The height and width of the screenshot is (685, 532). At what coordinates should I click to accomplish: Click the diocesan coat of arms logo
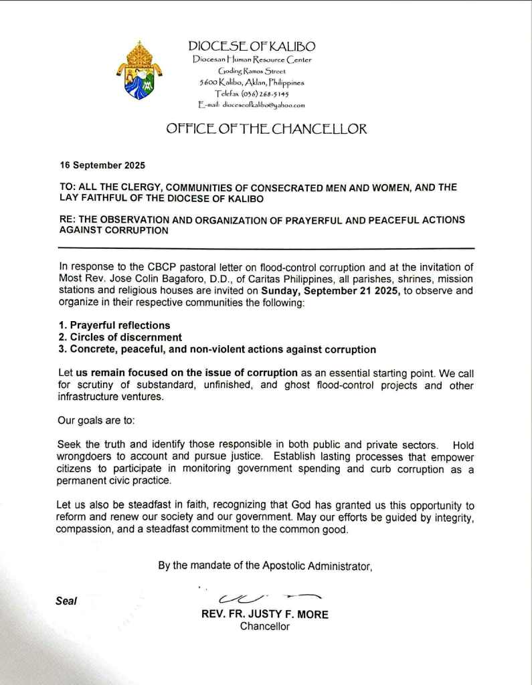139,70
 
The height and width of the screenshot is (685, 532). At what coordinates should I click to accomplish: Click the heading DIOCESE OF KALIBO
252,46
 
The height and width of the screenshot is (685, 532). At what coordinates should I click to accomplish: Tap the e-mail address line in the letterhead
252,105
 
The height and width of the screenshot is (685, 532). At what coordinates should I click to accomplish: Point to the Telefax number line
252,94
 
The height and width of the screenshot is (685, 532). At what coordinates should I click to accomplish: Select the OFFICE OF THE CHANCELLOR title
266,129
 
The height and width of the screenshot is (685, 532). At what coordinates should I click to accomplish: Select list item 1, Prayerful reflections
114,325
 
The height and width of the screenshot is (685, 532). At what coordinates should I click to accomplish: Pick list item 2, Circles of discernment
120,337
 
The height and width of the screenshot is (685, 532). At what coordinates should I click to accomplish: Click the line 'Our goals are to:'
97,423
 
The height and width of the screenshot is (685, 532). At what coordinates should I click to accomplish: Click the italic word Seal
66,601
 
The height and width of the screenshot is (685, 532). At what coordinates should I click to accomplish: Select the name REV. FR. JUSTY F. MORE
265,615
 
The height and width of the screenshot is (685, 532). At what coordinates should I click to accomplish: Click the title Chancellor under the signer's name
265,627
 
